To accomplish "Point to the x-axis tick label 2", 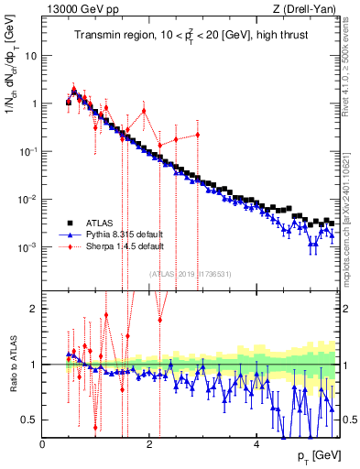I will point(149,444).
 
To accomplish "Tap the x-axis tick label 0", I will point(43,444).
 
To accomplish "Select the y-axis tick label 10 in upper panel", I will point(30,55).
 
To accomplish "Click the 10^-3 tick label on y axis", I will point(27,247).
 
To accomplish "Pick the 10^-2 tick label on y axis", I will point(27,200).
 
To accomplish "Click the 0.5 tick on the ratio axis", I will point(29,420).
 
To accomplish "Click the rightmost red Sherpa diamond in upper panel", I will point(198,135).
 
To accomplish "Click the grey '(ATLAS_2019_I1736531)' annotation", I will point(190,275).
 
